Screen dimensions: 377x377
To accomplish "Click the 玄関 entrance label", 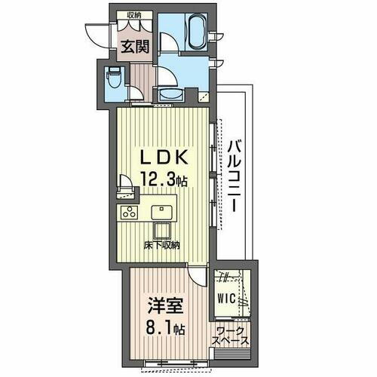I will coord(136,46).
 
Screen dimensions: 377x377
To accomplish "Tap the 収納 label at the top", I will coord(134,14).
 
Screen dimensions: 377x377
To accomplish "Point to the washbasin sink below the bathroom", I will coord(170,93).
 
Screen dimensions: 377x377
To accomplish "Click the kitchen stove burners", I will coord(129,212).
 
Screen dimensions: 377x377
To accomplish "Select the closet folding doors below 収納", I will coord(134,26).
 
